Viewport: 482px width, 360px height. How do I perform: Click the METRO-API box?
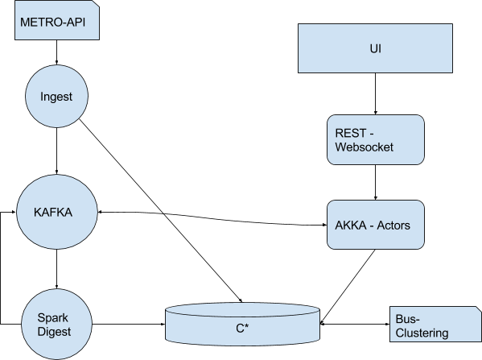point(57,20)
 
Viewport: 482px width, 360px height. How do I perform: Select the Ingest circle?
point(56,96)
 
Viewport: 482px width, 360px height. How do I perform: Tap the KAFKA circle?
point(57,212)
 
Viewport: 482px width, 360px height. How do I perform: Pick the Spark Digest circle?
point(57,325)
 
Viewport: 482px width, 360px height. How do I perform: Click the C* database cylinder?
point(242,324)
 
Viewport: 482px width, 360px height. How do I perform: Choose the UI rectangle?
point(375,48)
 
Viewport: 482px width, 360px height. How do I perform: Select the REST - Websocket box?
point(376,139)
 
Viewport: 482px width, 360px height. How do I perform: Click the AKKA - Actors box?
point(376,225)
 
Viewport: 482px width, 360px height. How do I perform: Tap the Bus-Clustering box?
point(435,324)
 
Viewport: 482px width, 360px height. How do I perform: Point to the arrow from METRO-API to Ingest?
point(56,52)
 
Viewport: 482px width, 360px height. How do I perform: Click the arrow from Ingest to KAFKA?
point(56,151)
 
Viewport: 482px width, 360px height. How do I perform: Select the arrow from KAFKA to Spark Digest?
point(56,269)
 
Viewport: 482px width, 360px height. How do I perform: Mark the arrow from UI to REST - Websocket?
point(375,94)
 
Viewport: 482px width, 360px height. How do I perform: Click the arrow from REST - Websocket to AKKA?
point(375,183)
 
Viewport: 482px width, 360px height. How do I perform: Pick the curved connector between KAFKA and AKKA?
point(212,217)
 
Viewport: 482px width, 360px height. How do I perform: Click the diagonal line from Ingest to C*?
point(161,211)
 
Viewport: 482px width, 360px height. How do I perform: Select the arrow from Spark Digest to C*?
point(129,324)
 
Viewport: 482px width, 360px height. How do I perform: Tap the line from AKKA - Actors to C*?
point(348,287)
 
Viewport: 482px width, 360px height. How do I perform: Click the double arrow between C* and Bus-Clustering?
point(355,324)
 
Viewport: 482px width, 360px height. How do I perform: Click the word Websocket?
point(364,147)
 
